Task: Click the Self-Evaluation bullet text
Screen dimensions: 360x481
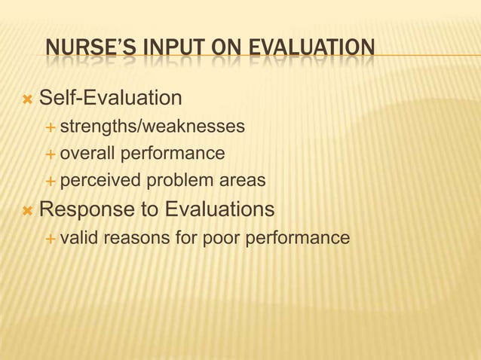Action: (x=110, y=98)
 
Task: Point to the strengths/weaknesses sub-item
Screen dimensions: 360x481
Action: (x=152, y=126)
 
